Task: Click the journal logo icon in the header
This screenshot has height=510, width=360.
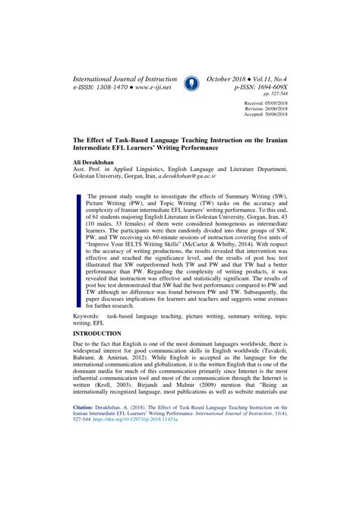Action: click(191, 83)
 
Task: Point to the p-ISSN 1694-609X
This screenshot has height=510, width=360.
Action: click(265, 89)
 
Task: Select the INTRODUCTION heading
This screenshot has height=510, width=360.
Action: click(96, 355)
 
